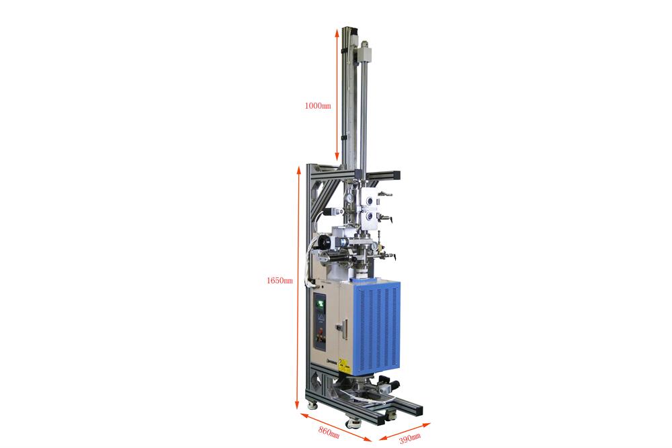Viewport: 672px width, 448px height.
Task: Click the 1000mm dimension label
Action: point(318,106)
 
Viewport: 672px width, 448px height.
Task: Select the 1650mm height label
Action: point(280,280)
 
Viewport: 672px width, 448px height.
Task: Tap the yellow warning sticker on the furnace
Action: point(343,367)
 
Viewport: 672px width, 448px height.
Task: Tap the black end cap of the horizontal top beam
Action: point(396,175)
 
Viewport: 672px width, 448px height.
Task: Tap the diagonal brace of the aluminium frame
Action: point(321,195)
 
